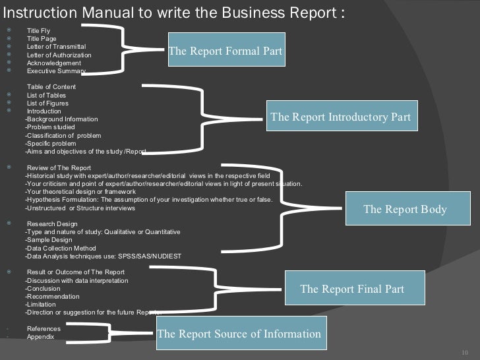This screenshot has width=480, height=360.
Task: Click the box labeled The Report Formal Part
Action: pos(225,51)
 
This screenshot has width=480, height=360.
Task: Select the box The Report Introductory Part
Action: pos(340,117)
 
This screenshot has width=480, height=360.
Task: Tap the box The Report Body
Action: pos(405,210)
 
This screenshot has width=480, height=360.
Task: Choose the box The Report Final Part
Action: pos(352,289)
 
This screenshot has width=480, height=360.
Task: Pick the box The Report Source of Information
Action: pos(239,334)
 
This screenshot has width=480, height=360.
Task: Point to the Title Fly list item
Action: pos(38,31)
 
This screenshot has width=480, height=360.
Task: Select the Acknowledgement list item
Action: pos(54,63)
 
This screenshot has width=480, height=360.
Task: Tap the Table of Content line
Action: pos(51,87)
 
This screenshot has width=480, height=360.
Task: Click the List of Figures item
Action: pos(47,104)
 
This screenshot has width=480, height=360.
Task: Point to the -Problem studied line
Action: pos(50,127)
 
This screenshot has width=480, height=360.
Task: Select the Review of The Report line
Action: pos(59,168)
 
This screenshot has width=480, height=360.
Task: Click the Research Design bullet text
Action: pos(52,224)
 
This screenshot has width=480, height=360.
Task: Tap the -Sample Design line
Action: pos(48,240)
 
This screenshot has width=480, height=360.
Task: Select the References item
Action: pos(44,329)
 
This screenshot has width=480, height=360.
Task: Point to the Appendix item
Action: pos(41,337)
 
